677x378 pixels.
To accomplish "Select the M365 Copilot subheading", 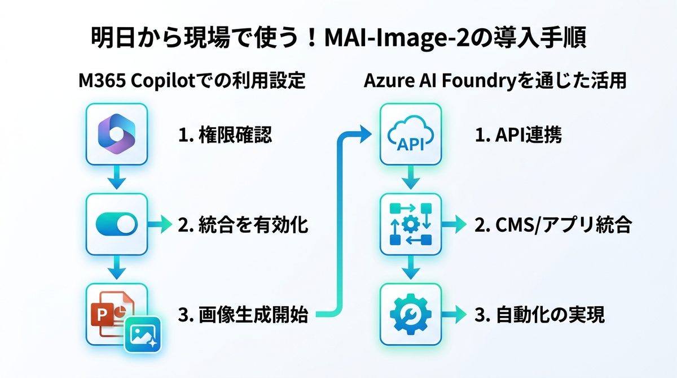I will pyautogui.click(x=192, y=81).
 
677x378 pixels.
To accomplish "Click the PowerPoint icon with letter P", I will pyautogui.click(x=110, y=310).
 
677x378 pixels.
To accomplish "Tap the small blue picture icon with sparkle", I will pyautogui.click(x=143, y=333).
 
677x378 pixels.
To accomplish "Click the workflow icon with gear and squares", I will pyautogui.click(x=411, y=225).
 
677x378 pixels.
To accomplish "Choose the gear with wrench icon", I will pyautogui.click(x=411, y=314).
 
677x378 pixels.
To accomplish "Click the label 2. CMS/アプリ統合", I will pyautogui.click(x=552, y=225).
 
